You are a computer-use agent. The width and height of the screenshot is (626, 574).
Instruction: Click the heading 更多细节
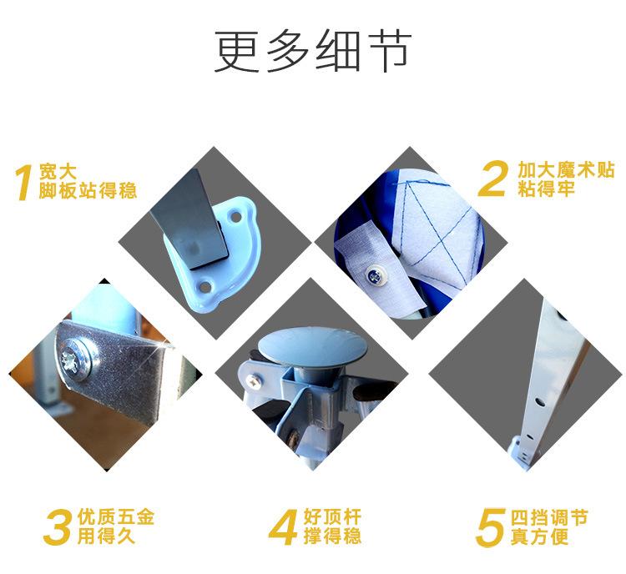[312, 52]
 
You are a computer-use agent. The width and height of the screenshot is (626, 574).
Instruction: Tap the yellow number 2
[495, 179]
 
